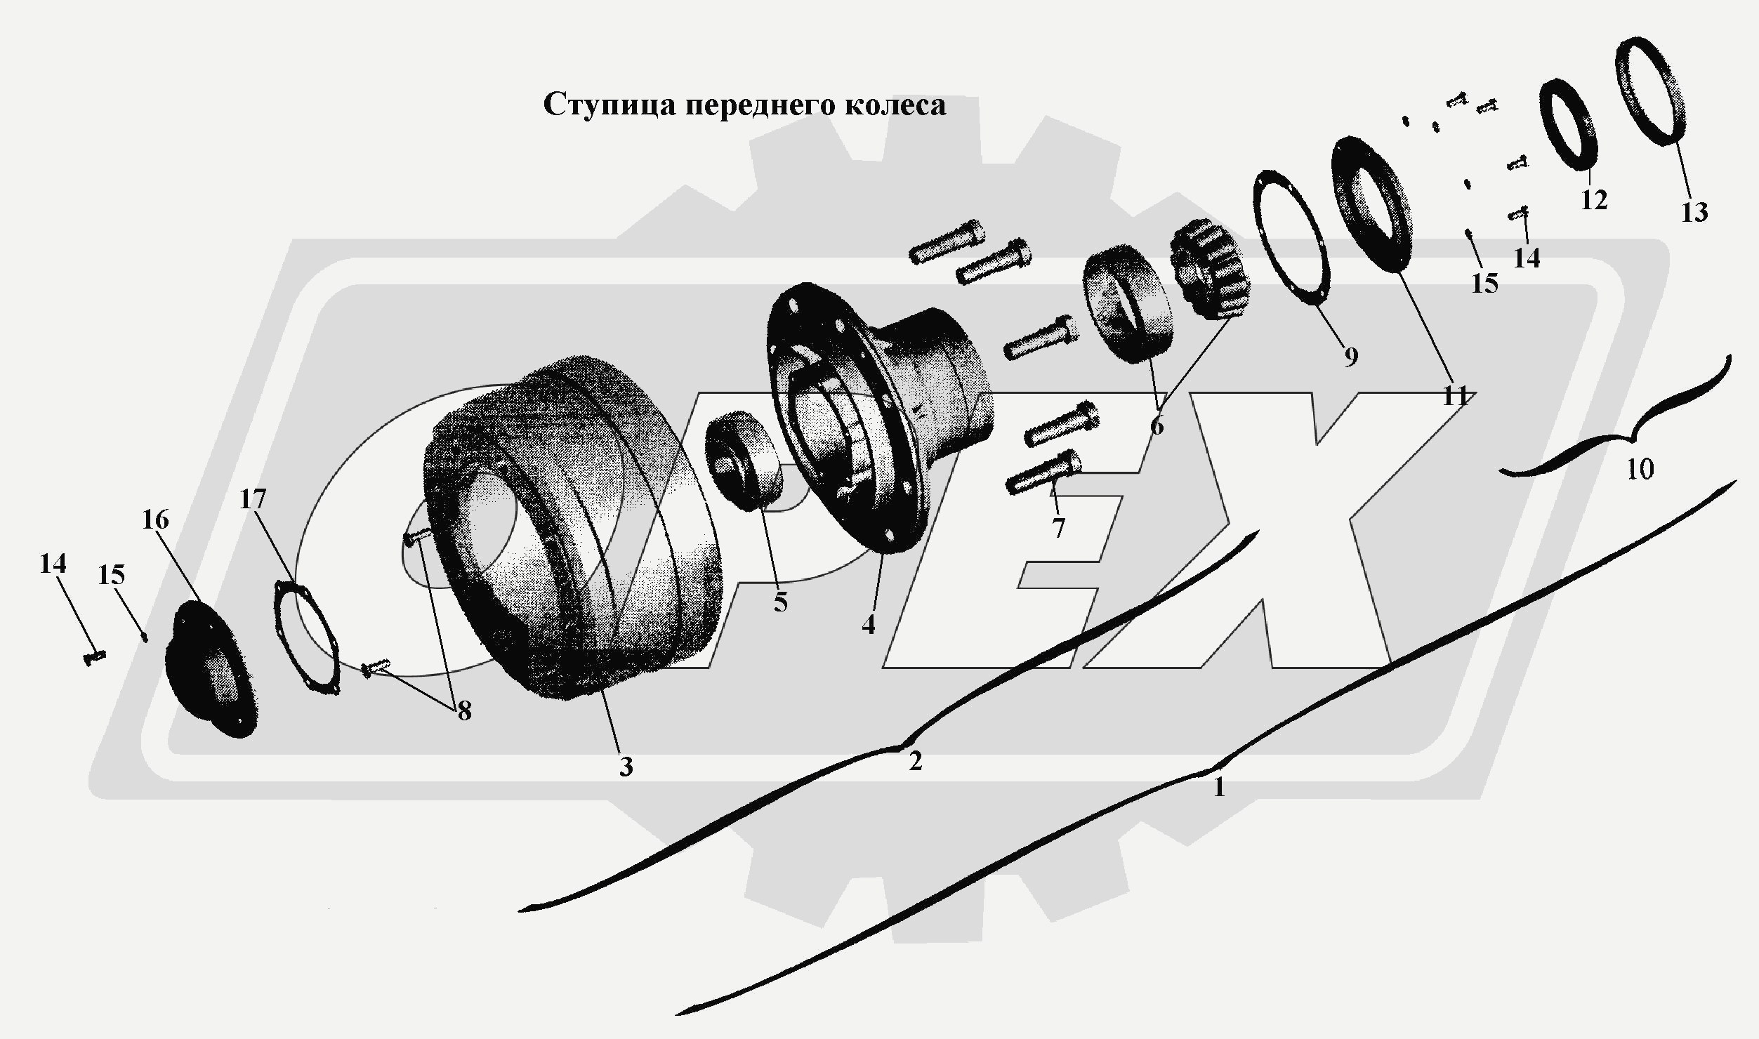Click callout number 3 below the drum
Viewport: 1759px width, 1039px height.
(x=626, y=767)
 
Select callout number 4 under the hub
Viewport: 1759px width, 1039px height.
(x=869, y=623)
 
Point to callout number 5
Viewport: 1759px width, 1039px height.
(x=781, y=602)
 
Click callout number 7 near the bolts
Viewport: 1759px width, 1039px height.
(x=1058, y=527)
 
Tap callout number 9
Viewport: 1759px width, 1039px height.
(x=1351, y=357)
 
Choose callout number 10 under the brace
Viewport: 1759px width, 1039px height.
(x=1640, y=469)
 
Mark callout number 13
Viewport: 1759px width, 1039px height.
(x=1694, y=212)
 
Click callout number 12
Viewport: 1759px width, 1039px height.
(x=1594, y=200)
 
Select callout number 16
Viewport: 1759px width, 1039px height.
(x=155, y=520)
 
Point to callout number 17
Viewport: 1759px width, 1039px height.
(x=253, y=499)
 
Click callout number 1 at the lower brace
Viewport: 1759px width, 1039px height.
(x=1219, y=788)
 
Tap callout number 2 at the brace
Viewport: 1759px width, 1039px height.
(x=915, y=760)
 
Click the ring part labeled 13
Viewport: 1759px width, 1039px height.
(x=1660, y=102)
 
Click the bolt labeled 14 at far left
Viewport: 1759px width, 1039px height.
(x=94, y=656)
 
